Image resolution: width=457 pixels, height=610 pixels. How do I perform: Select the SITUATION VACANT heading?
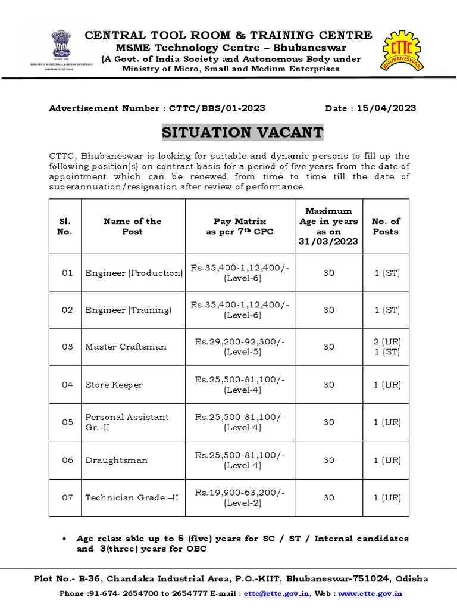tap(243, 132)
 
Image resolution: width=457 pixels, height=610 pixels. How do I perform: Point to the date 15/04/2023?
tap(386, 108)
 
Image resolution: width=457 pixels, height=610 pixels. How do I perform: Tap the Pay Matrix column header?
tap(240, 226)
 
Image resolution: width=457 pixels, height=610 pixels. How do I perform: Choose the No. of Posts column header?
tap(386, 226)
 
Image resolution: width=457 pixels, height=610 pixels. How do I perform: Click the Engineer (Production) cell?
tap(134, 273)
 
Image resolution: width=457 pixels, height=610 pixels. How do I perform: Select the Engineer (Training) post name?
tap(128, 310)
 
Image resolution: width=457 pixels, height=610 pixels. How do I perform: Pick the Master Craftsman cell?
tap(126, 347)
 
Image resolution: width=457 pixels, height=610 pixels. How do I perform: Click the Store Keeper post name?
tap(114, 385)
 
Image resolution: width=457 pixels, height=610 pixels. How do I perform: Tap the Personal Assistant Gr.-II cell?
tap(127, 422)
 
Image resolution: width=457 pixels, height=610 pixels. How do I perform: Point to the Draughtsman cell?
tap(117, 460)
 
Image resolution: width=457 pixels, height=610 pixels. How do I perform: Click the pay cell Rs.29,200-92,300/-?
tap(240, 347)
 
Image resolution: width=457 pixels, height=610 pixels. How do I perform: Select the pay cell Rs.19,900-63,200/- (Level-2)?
tap(240, 497)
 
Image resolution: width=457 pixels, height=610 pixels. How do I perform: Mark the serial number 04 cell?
tap(67, 385)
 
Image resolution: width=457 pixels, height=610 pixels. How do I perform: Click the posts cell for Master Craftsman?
tap(386, 347)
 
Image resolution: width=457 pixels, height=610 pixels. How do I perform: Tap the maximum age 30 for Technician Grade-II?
tap(328, 497)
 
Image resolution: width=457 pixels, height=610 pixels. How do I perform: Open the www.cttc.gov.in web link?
tap(371, 593)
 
